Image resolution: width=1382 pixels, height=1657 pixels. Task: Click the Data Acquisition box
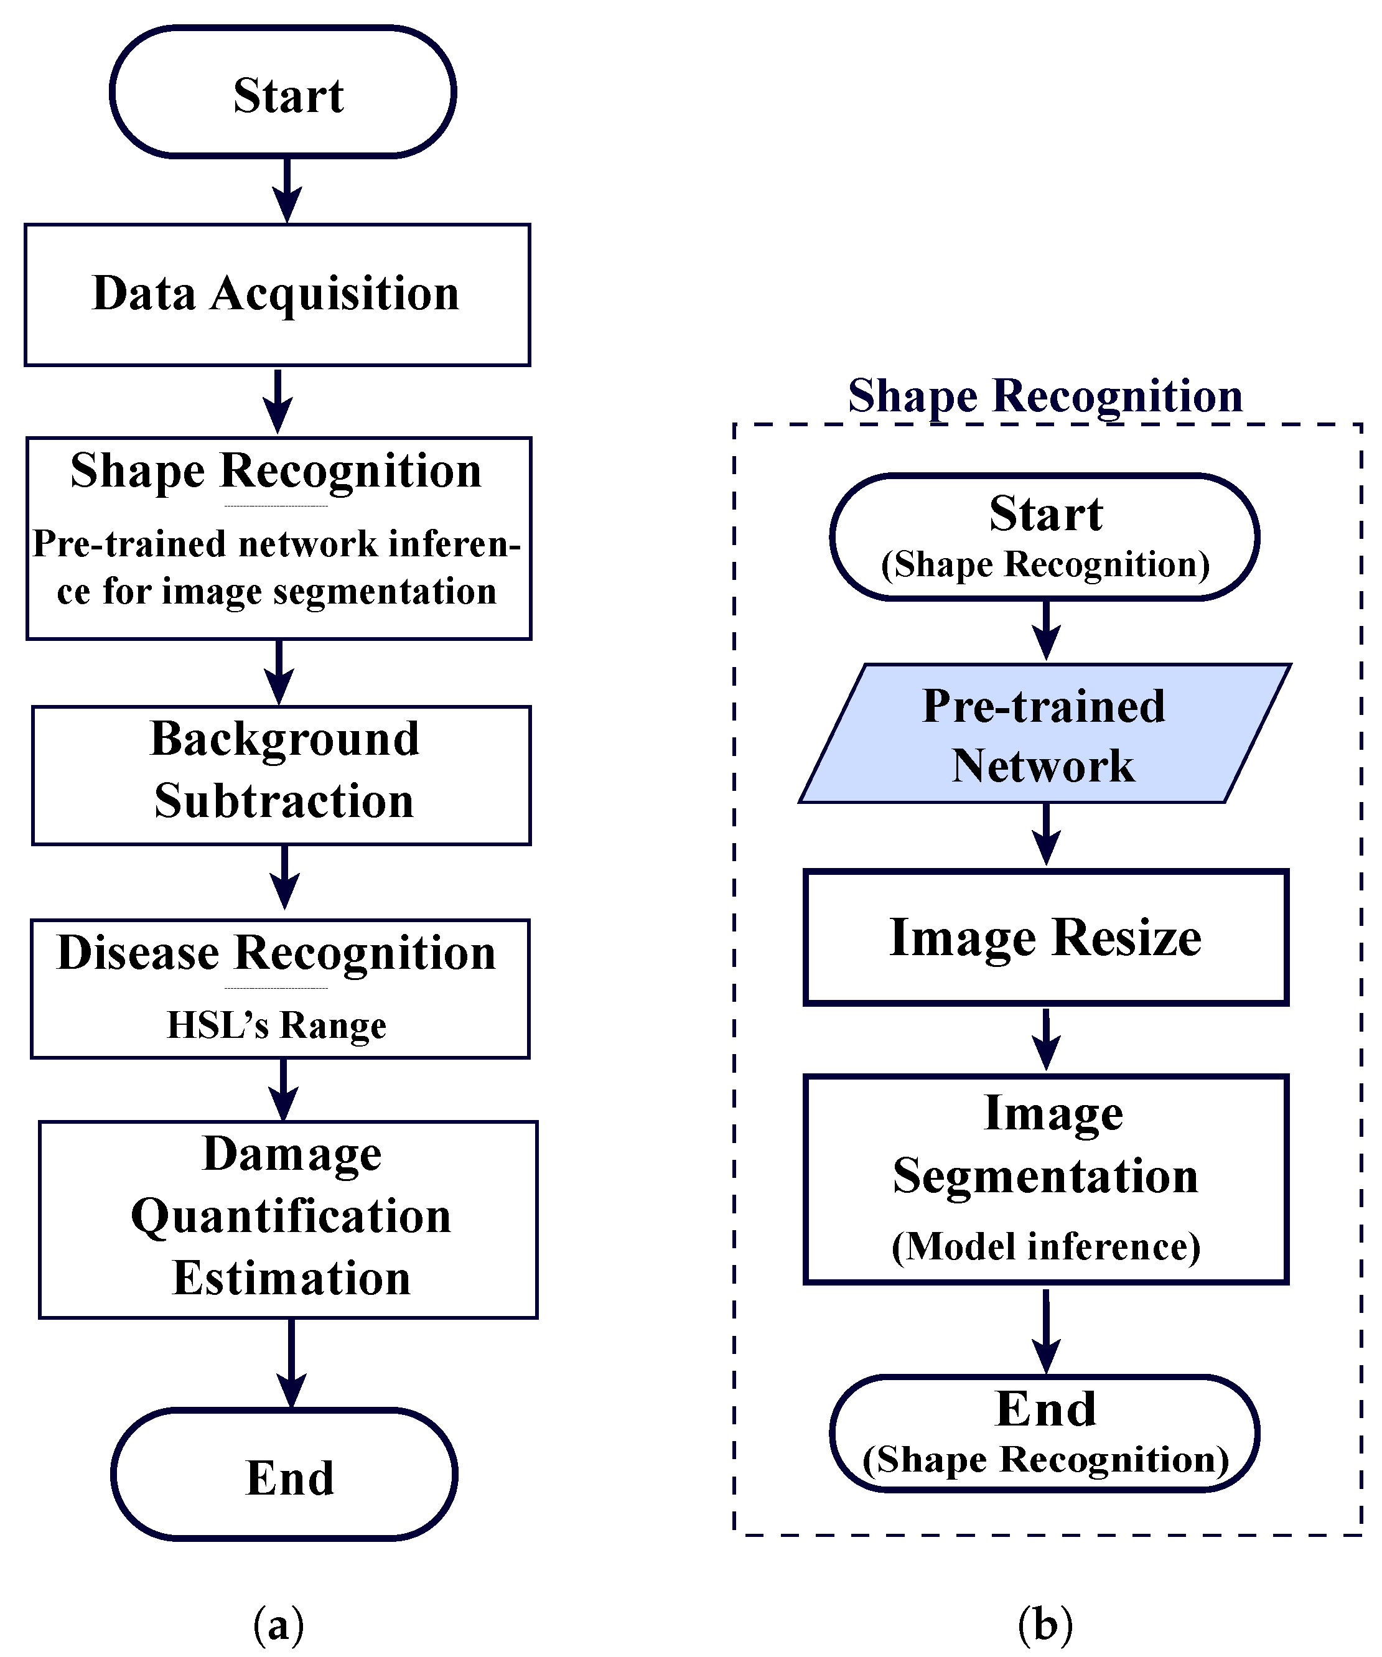[x=276, y=294]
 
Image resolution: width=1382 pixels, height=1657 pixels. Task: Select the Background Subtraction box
[x=281, y=775]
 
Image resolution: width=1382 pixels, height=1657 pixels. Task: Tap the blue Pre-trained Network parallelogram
[x=1044, y=734]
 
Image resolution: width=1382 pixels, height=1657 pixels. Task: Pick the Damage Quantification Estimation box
[x=288, y=1219]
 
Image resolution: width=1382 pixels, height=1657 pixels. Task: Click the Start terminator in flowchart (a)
[x=282, y=91]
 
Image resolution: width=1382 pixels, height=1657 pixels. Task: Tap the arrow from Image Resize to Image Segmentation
[x=1046, y=1039]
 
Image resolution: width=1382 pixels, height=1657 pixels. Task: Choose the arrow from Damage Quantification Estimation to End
[x=291, y=1363]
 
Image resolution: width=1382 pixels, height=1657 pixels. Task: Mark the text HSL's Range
[x=276, y=1025]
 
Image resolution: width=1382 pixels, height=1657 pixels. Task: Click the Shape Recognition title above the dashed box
[x=1044, y=395]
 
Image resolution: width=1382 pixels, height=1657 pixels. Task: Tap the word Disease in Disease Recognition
[x=138, y=953]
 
